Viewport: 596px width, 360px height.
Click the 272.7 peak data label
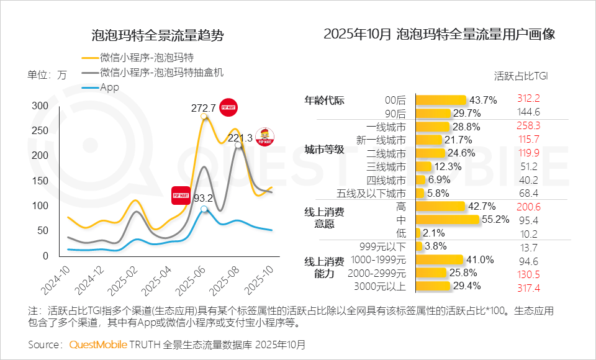tap(203, 108)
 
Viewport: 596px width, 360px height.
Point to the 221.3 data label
tap(240, 138)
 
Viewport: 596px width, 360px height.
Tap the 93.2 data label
tap(204, 199)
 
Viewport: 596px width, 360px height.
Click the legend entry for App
tap(109, 88)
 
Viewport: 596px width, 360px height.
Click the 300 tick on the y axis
tap(40, 106)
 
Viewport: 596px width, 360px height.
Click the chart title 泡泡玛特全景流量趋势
tap(157, 35)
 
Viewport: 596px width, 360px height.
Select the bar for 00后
tap(440, 100)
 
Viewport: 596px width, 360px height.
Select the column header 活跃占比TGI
tap(521, 77)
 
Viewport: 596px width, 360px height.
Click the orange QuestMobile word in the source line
tap(98, 344)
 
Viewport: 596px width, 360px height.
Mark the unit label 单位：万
tap(47, 75)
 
